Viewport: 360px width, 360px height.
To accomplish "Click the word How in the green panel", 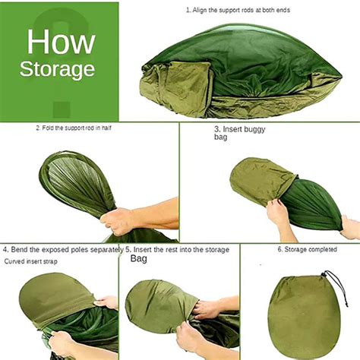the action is (61, 42).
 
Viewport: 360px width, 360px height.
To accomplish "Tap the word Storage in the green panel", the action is (57, 69).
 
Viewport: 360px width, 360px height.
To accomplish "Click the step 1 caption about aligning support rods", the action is (238, 10).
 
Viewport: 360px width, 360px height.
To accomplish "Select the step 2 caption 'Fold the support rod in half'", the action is (74, 128).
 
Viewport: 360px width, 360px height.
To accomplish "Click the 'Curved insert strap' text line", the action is (30, 261).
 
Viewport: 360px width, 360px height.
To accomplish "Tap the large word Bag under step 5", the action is (138, 259).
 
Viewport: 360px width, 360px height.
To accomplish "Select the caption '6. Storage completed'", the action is (307, 249).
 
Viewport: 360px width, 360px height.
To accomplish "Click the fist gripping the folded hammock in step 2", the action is (117, 221).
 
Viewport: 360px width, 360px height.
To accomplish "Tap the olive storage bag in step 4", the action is (55, 298).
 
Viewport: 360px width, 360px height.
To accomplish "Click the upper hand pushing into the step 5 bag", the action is (207, 309).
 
